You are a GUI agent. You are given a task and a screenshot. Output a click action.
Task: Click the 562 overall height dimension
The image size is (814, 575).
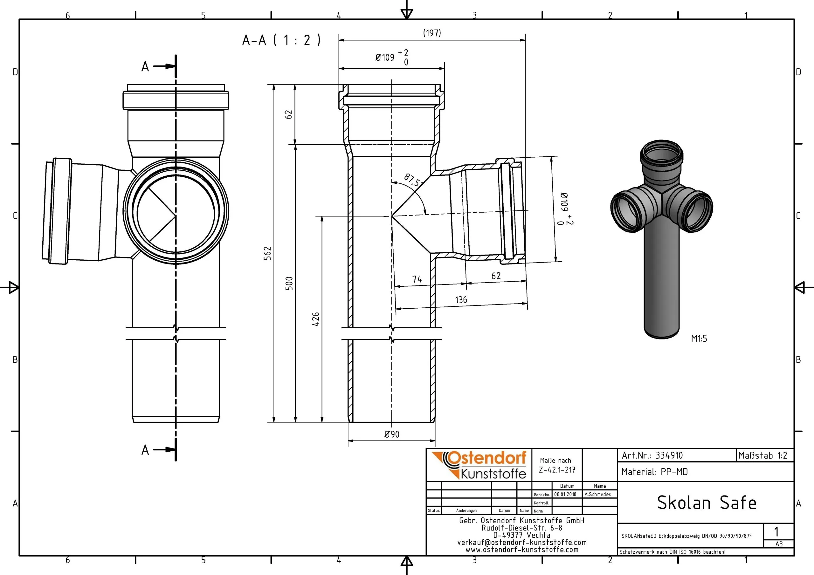click(x=268, y=253)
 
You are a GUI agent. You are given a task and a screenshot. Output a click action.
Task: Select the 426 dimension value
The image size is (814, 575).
click(x=315, y=319)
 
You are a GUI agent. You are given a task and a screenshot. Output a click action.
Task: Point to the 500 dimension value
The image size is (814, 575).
click(x=289, y=283)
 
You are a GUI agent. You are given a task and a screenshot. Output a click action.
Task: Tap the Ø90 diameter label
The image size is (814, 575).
click(x=392, y=434)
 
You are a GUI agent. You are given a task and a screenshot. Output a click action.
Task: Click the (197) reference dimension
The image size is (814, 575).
click(x=432, y=33)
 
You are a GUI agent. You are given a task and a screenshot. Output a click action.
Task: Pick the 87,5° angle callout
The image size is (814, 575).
click(x=413, y=181)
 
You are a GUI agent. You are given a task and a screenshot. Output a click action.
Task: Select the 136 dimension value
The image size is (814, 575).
click(x=461, y=300)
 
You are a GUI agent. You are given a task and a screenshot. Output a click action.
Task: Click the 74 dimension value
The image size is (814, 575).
click(x=417, y=279)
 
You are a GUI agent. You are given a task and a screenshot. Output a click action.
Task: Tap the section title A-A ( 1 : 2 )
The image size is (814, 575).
click(x=281, y=40)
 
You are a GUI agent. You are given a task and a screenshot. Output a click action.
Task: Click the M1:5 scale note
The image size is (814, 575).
click(x=699, y=339)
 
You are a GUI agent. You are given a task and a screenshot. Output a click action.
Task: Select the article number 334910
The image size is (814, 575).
click(x=669, y=455)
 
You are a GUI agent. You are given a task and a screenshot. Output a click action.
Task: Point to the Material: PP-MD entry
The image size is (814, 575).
click(x=654, y=472)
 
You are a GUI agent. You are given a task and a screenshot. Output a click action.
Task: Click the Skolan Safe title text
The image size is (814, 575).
click(x=707, y=503)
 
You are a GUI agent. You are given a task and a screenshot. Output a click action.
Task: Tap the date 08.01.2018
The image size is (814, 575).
click(x=565, y=494)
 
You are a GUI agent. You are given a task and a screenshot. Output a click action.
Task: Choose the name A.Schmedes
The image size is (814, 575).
click(x=598, y=494)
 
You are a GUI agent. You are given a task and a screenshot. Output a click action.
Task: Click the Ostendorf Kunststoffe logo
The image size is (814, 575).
click(x=479, y=465)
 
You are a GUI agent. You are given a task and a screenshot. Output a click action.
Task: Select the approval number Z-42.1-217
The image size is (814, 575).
click(x=557, y=470)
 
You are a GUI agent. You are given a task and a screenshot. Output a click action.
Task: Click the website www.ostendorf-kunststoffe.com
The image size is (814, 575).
click(x=522, y=550)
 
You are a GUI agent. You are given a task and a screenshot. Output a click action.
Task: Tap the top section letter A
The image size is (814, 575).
click(x=145, y=67)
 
